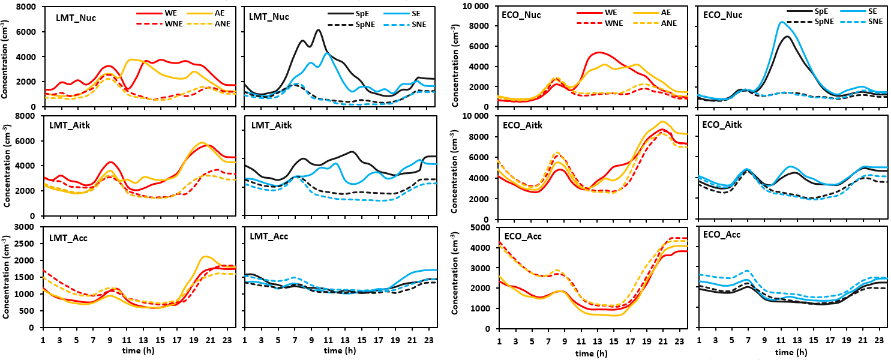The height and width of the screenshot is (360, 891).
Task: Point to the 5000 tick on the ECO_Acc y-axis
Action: click(483, 228)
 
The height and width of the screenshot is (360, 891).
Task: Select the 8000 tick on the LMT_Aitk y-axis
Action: click(29, 116)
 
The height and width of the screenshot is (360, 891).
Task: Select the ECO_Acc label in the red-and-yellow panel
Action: click(522, 236)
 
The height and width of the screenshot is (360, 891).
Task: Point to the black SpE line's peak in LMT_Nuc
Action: click(318, 30)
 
